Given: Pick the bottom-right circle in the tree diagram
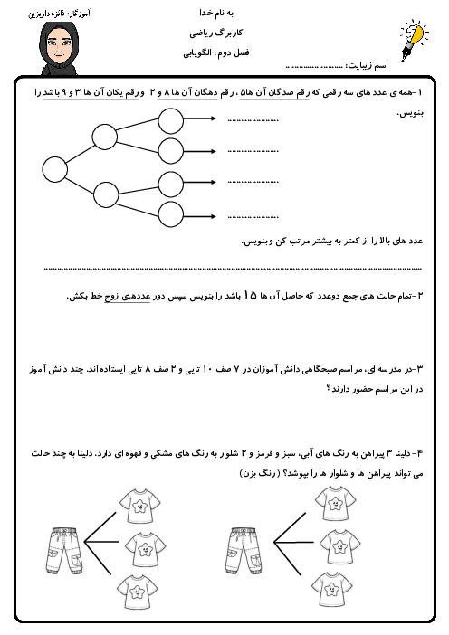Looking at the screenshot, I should pyautogui.click(x=170, y=215).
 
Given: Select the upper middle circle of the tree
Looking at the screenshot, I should pyautogui.click(x=105, y=137).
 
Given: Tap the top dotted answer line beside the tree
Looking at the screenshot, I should pyautogui.click(x=253, y=119).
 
